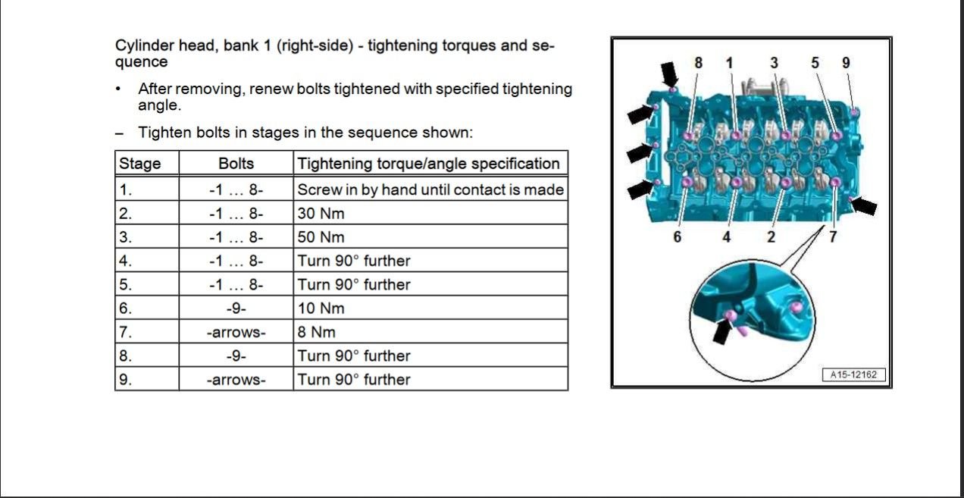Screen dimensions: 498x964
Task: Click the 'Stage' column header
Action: click(x=140, y=164)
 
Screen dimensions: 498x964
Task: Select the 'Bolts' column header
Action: click(x=236, y=164)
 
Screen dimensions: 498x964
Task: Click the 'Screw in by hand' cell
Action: click(x=430, y=189)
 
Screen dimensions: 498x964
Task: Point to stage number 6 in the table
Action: click(x=126, y=308)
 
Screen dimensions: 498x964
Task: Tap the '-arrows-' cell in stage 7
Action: click(x=236, y=331)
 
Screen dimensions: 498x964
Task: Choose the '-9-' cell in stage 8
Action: click(x=236, y=355)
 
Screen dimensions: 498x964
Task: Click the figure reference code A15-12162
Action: click(x=853, y=374)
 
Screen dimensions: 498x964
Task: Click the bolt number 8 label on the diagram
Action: click(x=698, y=63)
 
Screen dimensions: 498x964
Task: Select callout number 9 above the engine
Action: click(x=846, y=63)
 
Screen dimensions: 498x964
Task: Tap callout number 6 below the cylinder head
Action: click(x=677, y=236)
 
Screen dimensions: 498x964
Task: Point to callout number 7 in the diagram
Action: click(x=833, y=236)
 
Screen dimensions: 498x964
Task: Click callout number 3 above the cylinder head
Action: click(x=774, y=63)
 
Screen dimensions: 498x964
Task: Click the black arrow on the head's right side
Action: click(x=865, y=205)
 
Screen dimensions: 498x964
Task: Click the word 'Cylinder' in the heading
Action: click(x=142, y=45)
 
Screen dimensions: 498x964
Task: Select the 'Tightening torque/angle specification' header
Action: click(x=429, y=164)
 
